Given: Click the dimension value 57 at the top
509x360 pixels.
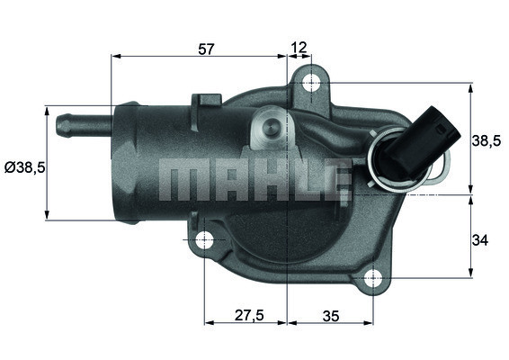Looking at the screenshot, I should tap(206, 49).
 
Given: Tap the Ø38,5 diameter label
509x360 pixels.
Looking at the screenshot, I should tap(23, 167).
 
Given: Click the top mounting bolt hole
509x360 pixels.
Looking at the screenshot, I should tap(311, 84).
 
